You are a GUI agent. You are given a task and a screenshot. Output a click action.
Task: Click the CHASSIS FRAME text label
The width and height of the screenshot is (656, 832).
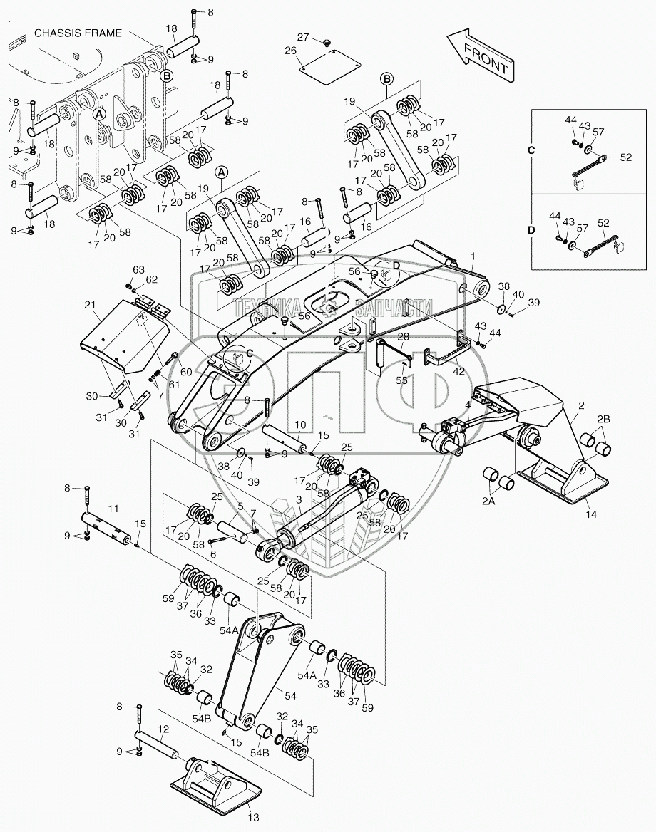[x=76, y=33]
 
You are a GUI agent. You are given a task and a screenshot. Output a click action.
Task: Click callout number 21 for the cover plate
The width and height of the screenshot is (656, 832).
[x=89, y=306]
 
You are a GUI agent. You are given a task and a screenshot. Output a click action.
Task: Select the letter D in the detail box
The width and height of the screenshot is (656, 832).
[x=531, y=231]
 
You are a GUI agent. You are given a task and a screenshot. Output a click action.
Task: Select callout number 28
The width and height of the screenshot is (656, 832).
[x=403, y=337]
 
